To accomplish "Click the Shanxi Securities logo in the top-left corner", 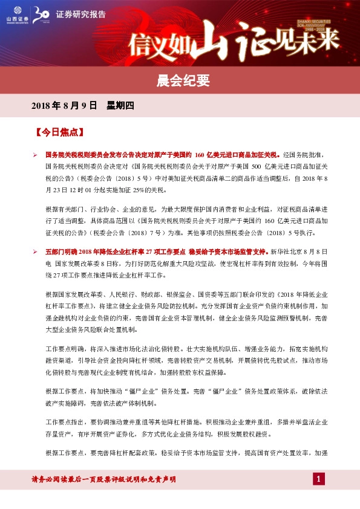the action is (x=13, y=13).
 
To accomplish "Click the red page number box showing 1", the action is (x=319, y=479).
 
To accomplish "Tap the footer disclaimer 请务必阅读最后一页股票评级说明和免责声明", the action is (x=103, y=479).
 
